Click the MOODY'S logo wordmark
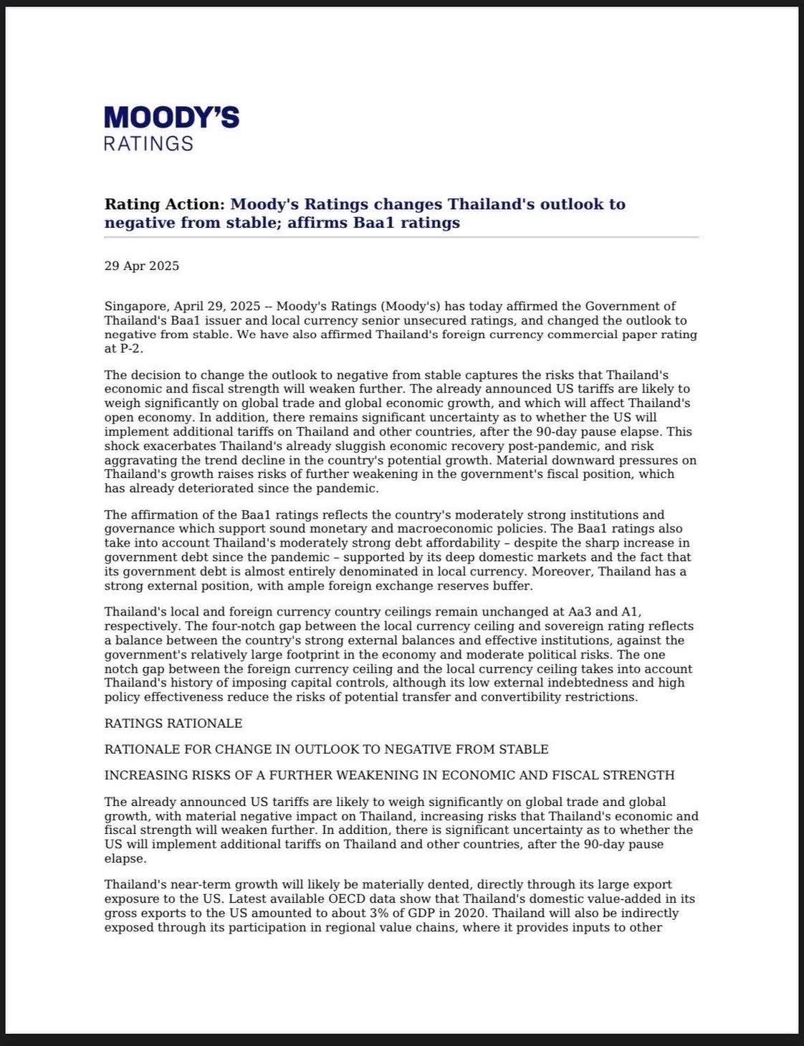[x=172, y=117]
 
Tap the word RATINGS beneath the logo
[x=148, y=143]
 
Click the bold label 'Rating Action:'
[x=165, y=204]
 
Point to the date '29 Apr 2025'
[x=142, y=267]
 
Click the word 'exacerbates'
[x=168, y=446]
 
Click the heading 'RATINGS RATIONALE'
[x=173, y=724]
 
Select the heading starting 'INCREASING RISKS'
[x=389, y=775]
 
